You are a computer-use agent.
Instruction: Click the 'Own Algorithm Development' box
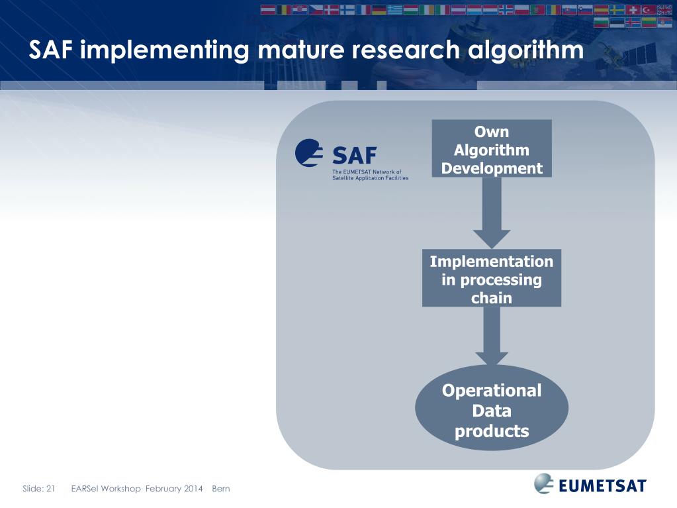tap(492, 149)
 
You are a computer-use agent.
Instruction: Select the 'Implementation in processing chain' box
tap(491, 279)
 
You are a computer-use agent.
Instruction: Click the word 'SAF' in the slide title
tap(51, 50)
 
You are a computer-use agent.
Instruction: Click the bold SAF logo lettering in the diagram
tap(354, 156)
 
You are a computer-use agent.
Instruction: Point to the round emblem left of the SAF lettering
tap(310, 154)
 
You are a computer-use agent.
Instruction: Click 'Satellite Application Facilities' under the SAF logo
tap(370, 178)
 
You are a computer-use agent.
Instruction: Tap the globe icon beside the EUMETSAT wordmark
tap(544, 483)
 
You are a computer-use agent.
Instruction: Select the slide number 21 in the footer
tap(50, 489)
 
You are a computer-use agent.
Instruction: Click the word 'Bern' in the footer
tap(220, 489)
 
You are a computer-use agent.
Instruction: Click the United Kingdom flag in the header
tap(664, 10)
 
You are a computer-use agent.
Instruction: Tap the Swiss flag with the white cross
tap(633, 10)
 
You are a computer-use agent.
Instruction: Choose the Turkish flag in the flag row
tap(649, 10)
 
